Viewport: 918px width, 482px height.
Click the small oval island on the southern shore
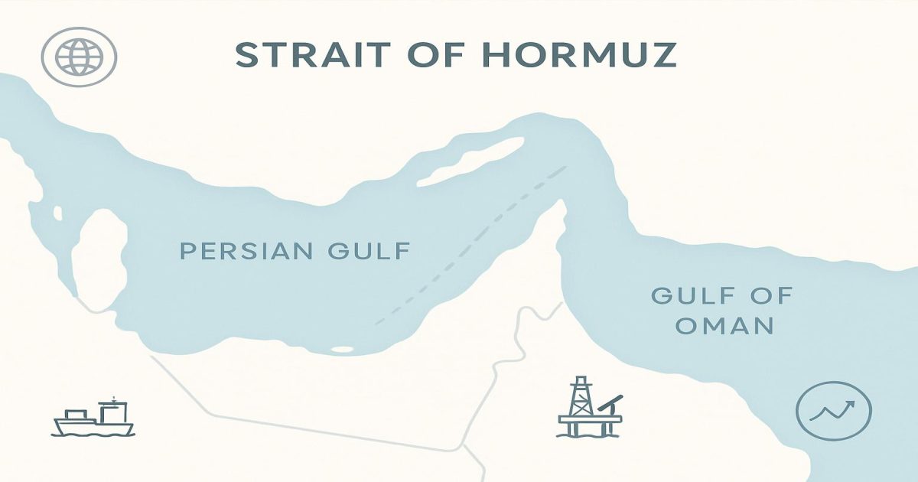342,350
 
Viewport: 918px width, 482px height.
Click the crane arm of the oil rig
611,402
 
